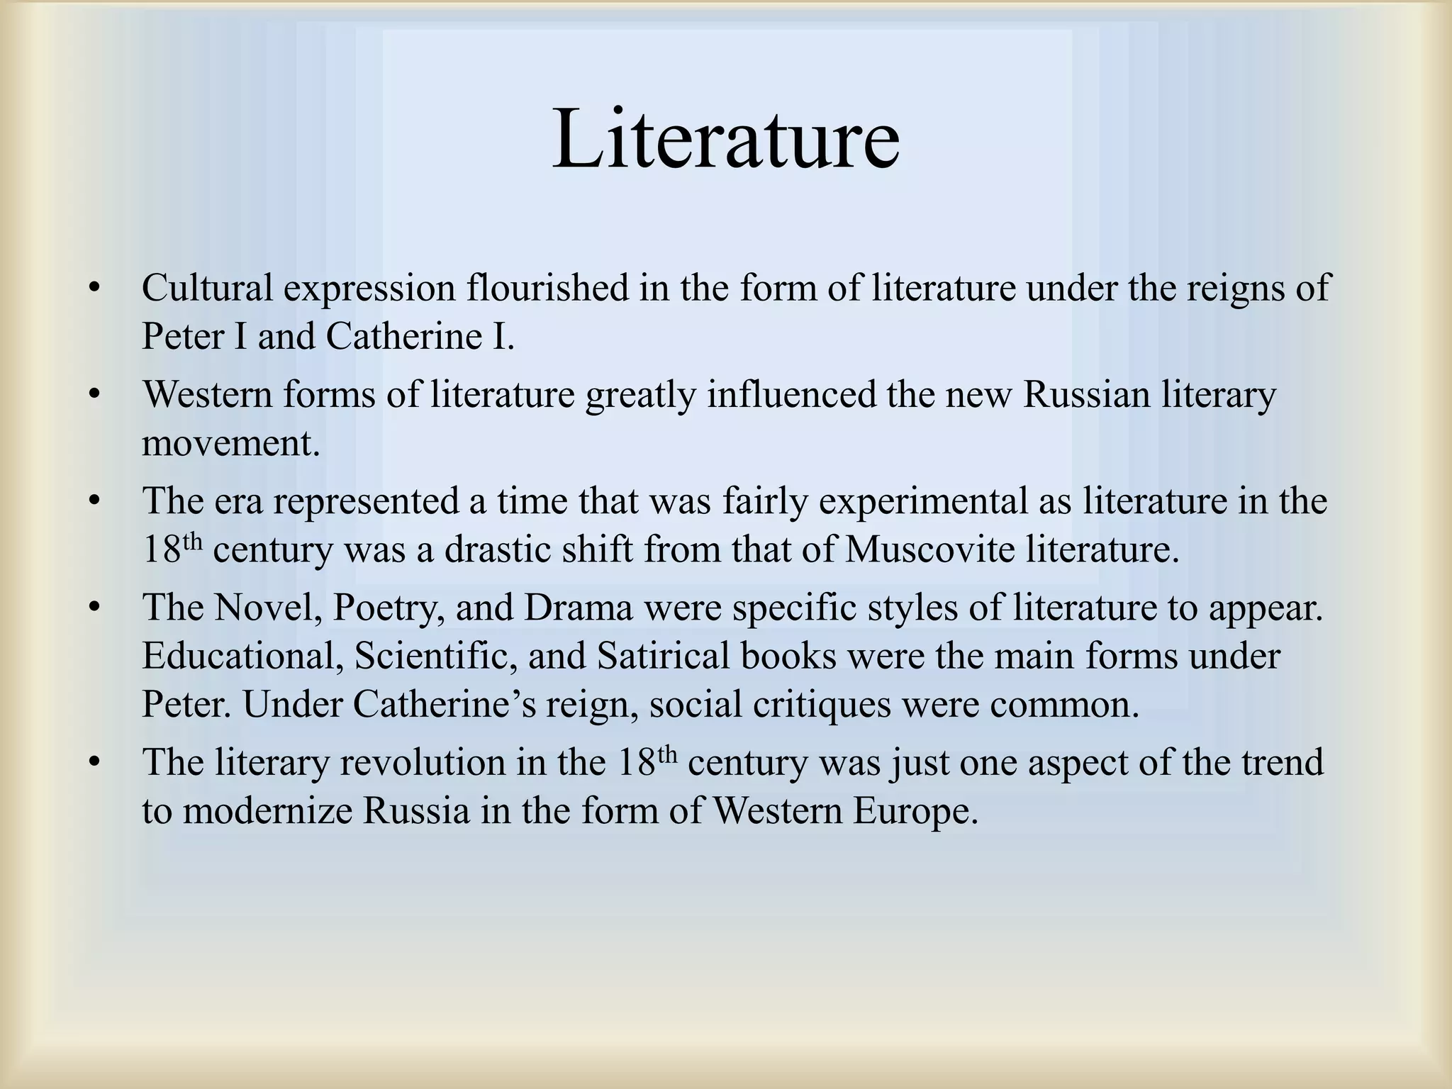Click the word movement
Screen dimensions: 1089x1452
coord(231,444)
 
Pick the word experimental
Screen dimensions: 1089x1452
coord(922,501)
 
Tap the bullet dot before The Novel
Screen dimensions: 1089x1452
coord(92,608)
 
